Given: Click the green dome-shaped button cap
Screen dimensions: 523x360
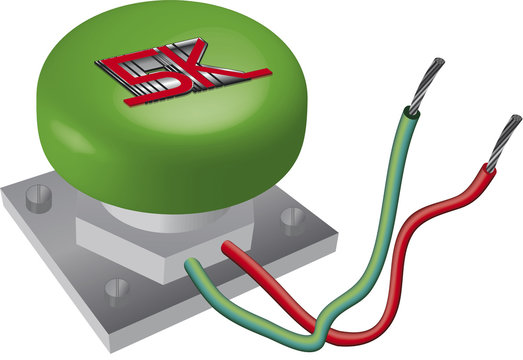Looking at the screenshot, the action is tap(171, 107).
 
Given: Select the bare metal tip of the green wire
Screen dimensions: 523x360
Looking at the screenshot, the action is tap(427, 85).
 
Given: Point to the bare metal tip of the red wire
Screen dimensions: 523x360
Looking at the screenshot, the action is tap(504, 142).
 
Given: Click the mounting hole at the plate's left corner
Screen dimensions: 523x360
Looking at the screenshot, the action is tap(39, 198).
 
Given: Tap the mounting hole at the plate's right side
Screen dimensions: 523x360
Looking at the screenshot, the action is tap(293, 220).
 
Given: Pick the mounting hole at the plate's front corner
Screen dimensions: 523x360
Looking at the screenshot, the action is tap(117, 291).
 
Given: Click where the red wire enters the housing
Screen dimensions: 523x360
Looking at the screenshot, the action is tap(227, 247).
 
